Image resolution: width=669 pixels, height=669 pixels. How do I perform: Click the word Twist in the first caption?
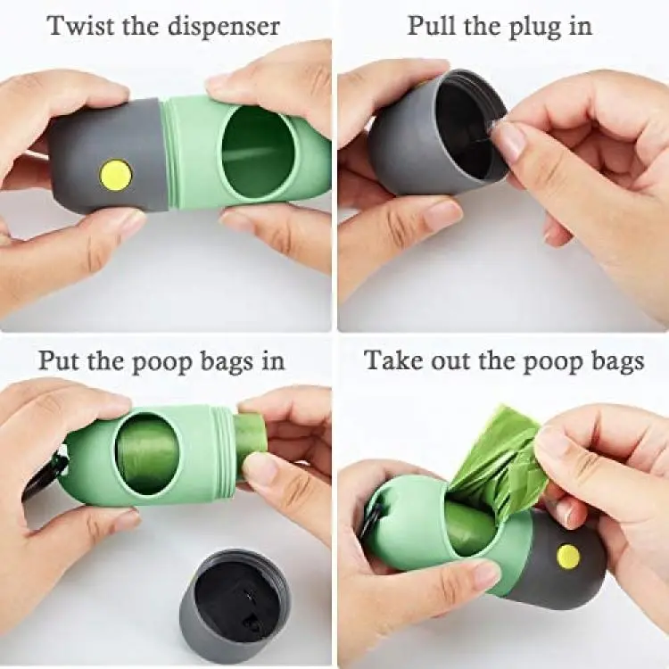click(81, 26)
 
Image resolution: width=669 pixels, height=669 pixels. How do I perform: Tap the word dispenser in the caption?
click(223, 27)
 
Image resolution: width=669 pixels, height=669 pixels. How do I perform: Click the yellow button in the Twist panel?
click(115, 175)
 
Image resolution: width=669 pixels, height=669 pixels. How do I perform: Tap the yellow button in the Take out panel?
click(568, 556)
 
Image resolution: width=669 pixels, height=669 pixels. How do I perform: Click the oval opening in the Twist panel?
click(260, 154)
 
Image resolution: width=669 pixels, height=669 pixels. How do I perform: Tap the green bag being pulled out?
click(500, 461)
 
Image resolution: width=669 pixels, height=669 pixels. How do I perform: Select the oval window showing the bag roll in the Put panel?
click(147, 454)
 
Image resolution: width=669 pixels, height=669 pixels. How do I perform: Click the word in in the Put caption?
click(272, 359)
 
